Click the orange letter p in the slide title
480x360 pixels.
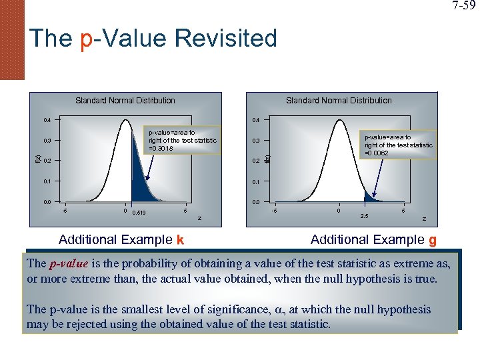coord(86,39)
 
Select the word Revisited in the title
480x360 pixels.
coord(226,38)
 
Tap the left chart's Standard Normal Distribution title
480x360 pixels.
coord(125,101)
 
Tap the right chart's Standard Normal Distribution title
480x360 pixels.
coord(339,101)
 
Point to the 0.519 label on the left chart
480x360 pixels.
coord(140,213)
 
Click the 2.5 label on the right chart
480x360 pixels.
coord(364,215)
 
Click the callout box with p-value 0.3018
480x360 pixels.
coord(182,141)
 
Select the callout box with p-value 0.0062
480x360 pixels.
coord(398,145)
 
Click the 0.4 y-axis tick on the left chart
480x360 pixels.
coord(47,121)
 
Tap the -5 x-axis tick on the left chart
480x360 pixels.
coord(64,211)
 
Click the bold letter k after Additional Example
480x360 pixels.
coord(180,240)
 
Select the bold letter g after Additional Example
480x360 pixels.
coord(432,240)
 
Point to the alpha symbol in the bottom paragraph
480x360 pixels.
coord(277,310)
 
